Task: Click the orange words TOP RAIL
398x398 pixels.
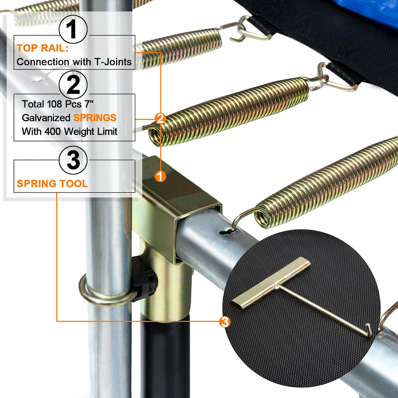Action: coord(42,48)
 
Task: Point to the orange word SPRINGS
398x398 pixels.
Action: coord(95,118)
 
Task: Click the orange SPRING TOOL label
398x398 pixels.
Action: coord(52,183)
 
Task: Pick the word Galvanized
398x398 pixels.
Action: coord(46,118)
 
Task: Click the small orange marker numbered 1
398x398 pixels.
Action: coord(160,176)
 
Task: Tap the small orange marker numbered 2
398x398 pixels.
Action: coord(160,118)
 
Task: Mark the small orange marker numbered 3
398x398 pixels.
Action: coord(225,321)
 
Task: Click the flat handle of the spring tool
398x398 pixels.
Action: coord(271,283)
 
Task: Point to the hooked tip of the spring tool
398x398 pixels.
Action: coord(368,330)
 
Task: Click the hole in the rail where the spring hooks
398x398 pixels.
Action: coord(225,232)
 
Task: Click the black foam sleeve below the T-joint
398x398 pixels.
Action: coord(165,358)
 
